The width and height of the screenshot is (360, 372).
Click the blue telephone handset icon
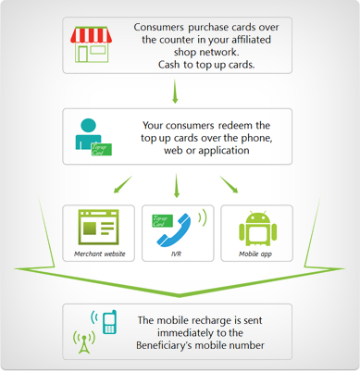click(x=181, y=230)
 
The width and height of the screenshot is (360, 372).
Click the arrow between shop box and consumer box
click(x=176, y=91)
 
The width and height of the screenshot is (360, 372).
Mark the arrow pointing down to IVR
click(x=176, y=187)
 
